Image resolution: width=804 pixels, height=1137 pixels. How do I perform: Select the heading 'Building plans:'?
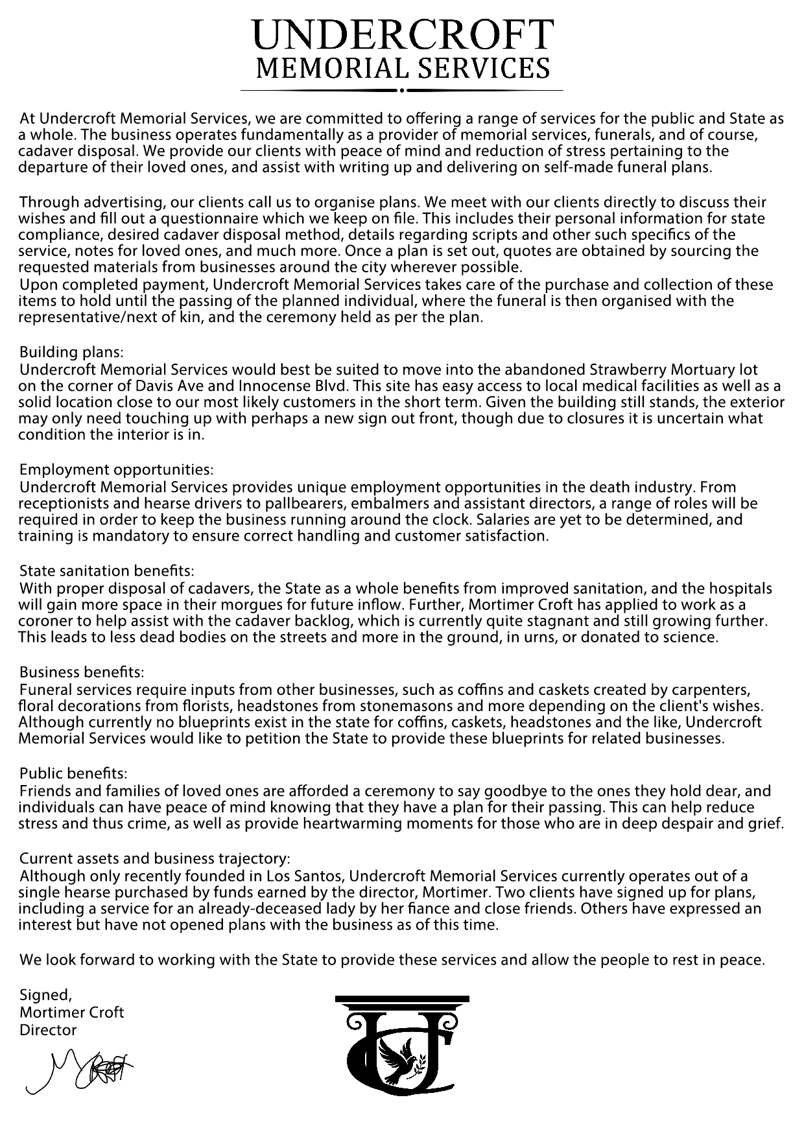tap(71, 352)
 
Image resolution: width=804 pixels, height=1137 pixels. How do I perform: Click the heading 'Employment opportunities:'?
tap(116, 469)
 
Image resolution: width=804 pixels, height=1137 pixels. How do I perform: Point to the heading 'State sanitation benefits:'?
tap(107, 571)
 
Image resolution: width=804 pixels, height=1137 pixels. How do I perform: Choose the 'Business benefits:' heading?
tap(82, 672)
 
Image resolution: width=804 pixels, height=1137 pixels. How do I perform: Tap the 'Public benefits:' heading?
tap(73, 773)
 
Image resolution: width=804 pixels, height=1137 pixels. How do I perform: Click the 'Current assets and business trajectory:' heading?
tap(155, 859)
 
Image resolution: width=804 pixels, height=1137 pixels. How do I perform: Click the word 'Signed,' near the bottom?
tap(45, 994)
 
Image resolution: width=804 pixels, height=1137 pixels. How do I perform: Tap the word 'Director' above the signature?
tap(48, 1030)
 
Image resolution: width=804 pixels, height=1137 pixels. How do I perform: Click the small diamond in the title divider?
tap(402, 90)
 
